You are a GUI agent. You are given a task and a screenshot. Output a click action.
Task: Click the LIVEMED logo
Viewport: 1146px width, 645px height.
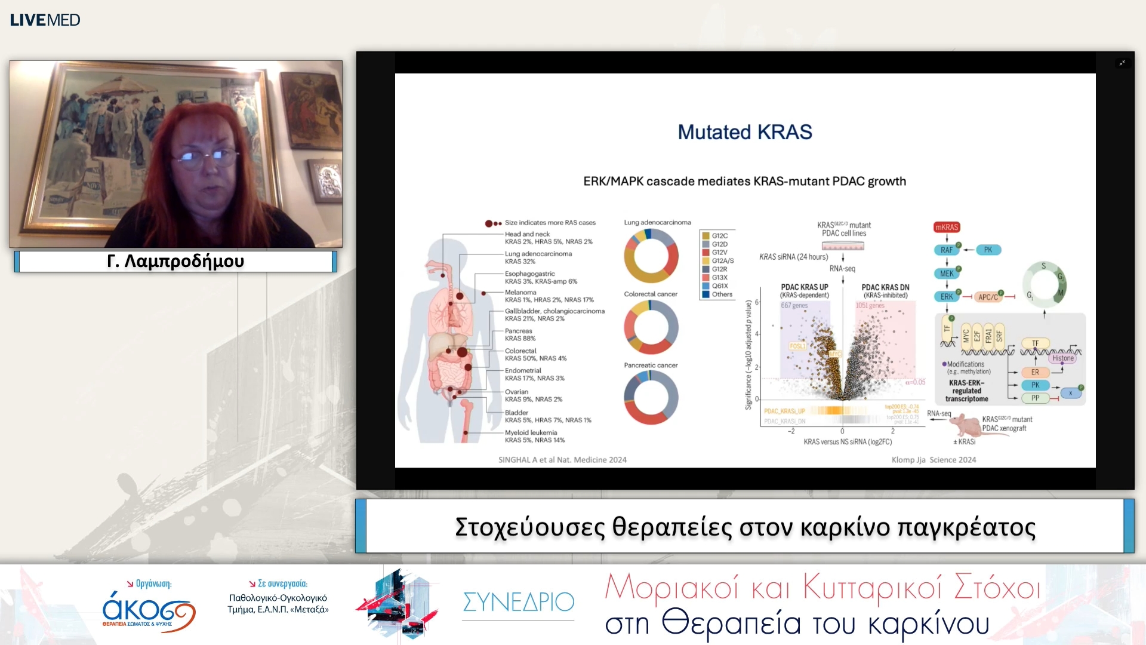(45, 20)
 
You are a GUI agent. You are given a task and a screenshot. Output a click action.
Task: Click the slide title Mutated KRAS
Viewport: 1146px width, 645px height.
(744, 132)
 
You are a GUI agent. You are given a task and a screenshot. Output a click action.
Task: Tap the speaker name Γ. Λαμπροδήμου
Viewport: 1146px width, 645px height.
(175, 261)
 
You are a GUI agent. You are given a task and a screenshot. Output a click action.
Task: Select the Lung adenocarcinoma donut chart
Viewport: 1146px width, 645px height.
(651, 256)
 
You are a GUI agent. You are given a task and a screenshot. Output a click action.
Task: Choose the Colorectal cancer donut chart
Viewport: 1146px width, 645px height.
(651, 327)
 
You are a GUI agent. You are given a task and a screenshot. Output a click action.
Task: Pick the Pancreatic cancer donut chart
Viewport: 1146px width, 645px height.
(651, 397)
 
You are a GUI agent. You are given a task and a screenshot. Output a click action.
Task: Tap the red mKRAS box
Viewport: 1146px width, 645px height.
(947, 227)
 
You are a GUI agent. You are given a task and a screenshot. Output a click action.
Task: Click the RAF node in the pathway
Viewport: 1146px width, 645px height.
(947, 250)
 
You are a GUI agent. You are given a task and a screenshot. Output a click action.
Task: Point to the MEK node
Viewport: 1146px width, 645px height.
(947, 274)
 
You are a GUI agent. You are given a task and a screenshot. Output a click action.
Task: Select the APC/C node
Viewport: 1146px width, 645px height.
(988, 297)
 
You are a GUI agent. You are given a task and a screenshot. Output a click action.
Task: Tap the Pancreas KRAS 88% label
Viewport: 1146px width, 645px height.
(520, 334)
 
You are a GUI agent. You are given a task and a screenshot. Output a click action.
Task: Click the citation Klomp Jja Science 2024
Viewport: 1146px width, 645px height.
(934, 460)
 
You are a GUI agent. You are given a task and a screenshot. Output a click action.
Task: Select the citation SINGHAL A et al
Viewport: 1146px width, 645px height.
(562, 460)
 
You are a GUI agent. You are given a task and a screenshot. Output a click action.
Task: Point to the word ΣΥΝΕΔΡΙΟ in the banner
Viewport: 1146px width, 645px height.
(518, 602)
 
